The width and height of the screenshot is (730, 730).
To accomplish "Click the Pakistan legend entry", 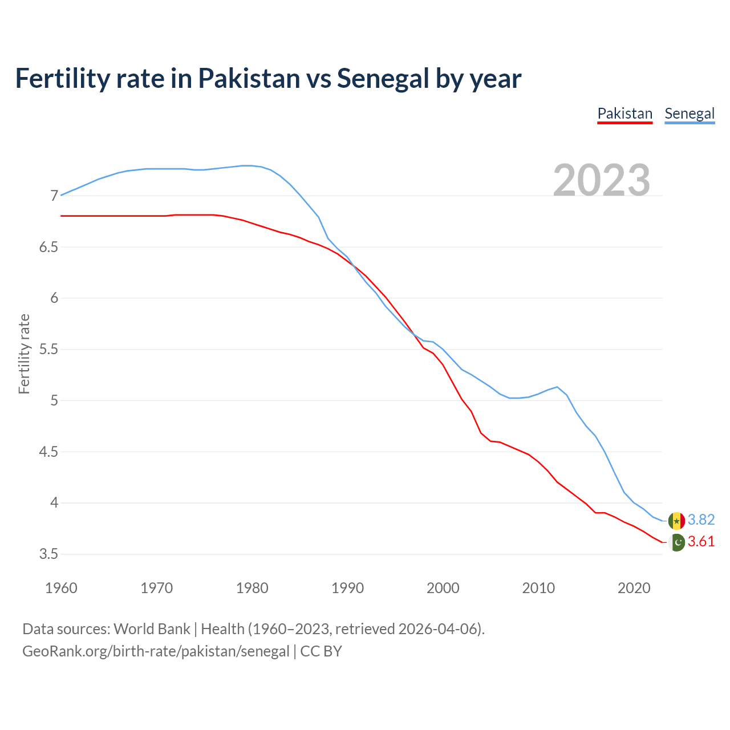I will coord(624,113).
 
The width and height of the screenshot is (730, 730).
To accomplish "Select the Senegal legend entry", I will coord(690,113).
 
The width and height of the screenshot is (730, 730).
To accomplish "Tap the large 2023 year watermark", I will coord(602,180).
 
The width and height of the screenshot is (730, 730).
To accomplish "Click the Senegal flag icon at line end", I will coord(676,521).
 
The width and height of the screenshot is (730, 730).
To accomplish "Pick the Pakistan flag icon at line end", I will coord(676,542).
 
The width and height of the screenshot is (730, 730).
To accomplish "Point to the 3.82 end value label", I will coord(701,520).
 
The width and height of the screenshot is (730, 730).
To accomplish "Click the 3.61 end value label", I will coord(701,541).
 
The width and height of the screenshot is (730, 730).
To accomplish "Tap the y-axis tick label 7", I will coord(54,196).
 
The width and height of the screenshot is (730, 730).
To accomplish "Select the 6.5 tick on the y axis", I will coord(48,248).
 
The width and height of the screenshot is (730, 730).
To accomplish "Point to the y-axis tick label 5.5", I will coord(48,350).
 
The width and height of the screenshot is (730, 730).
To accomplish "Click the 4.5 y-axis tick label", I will coord(48,452).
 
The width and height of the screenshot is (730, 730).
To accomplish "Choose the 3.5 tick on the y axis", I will coord(48,554).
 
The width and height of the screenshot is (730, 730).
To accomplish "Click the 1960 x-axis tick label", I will coord(61,588).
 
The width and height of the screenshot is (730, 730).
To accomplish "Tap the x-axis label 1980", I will coord(252,588).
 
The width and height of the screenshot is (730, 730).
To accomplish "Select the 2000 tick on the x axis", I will coord(443,588).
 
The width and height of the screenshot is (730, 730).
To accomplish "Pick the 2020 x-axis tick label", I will coord(634,588).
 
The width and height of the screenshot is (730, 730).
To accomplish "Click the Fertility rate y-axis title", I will coord(24,354).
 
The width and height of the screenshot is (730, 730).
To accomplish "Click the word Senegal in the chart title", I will coord(383,79).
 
